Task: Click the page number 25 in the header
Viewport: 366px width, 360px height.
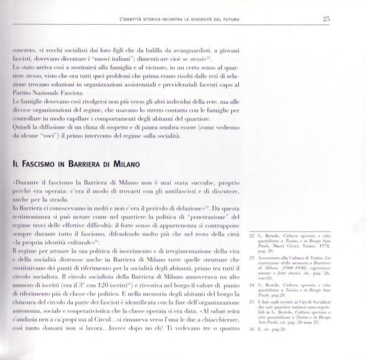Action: coord(326,19)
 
